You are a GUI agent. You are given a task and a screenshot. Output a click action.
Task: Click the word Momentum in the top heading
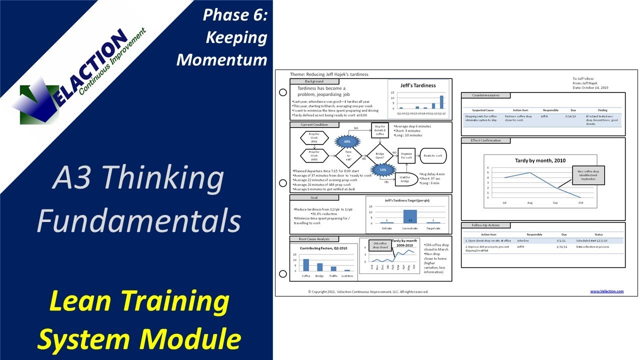[222, 59]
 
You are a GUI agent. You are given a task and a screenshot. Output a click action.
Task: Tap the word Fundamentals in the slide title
[138, 220]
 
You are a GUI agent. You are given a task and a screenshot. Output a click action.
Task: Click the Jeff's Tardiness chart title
[418, 85]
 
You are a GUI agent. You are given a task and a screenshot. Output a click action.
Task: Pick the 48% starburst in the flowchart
[347, 141]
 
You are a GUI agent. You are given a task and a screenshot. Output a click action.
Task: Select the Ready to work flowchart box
[433, 156]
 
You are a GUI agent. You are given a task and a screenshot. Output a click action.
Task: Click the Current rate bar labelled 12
[410, 216]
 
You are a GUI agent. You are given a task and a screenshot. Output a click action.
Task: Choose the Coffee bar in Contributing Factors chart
[306, 265]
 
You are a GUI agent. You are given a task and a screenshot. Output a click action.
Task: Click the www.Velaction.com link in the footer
[606, 291]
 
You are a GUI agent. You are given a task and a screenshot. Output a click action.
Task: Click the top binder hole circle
[282, 92]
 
